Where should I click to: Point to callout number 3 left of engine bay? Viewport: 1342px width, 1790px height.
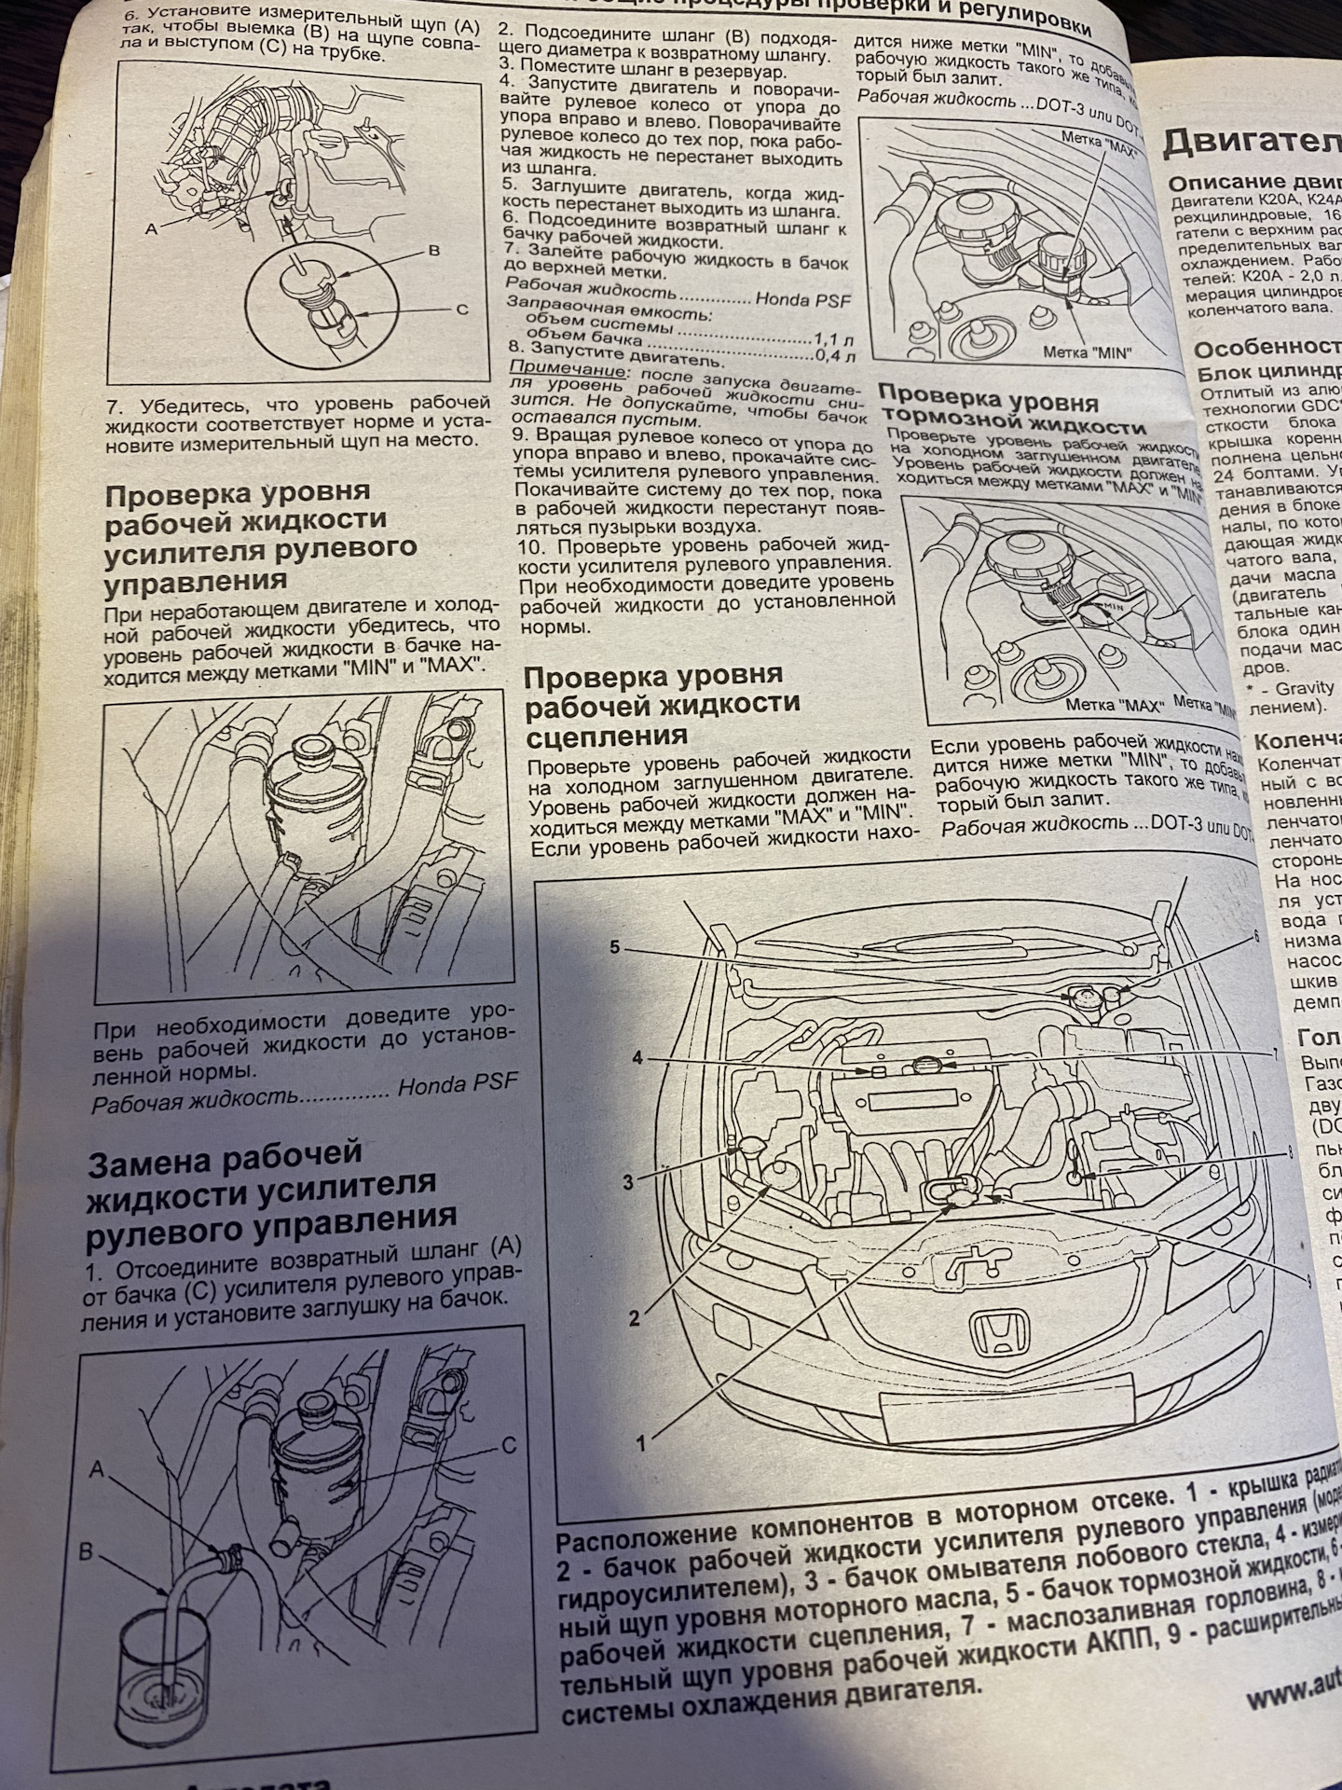(x=628, y=1183)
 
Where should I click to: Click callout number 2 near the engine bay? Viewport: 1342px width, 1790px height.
(x=635, y=1318)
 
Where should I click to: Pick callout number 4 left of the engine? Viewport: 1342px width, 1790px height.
(x=637, y=1058)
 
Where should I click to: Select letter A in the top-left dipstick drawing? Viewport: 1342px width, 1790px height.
(x=151, y=227)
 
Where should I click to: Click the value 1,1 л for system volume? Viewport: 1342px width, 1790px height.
(x=834, y=339)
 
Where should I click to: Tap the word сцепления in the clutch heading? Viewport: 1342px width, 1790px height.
(x=607, y=737)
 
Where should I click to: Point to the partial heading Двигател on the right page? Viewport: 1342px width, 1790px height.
(x=1249, y=145)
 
